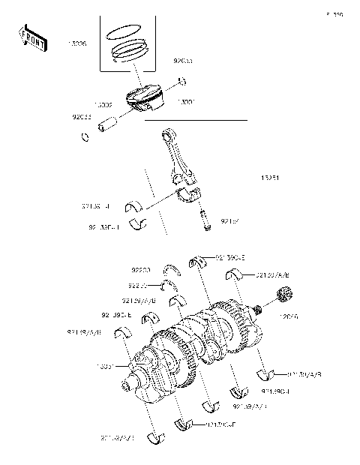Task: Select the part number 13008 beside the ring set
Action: pyautogui.click(x=77, y=45)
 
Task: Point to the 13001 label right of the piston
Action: pyautogui.click(x=186, y=102)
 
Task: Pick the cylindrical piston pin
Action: pyautogui.click(x=112, y=121)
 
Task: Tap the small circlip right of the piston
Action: pyautogui.click(x=181, y=81)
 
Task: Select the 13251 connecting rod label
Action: pyautogui.click(x=270, y=178)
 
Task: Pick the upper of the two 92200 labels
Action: pyautogui.click(x=140, y=268)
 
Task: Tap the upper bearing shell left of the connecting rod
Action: pyautogui.click(x=137, y=203)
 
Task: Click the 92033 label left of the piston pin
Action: pyautogui.click(x=83, y=117)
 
